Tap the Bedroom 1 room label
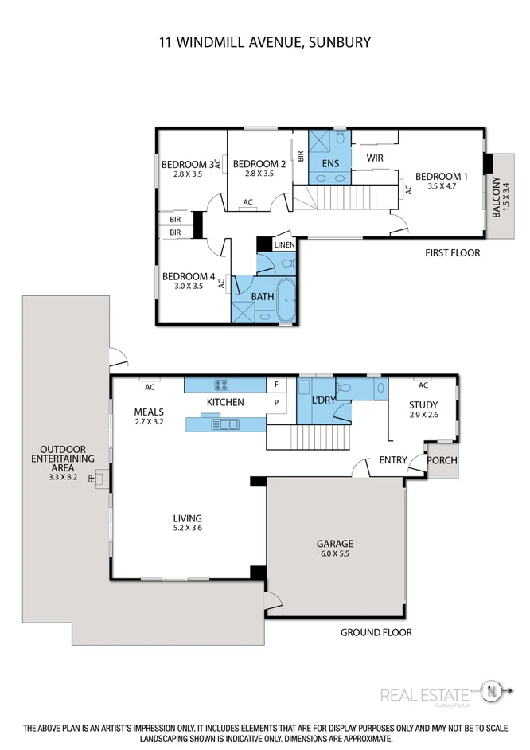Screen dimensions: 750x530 [x=442, y=176]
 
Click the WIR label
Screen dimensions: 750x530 [x=375, y=158]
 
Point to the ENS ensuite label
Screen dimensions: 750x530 [x=330, y=163]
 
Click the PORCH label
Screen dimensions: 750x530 [x=442, y=461]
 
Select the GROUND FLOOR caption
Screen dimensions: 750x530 [x=376, y=632]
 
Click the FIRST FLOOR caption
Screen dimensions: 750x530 [x=451, y=252]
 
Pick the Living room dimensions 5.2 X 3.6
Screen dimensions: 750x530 [x=188, y=527]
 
